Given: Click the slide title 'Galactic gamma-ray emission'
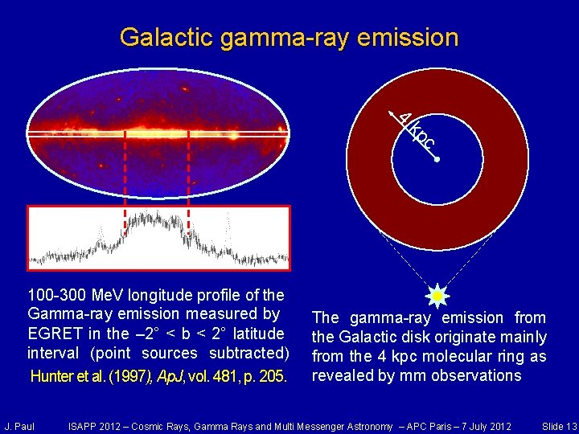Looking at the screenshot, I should pos(289,37).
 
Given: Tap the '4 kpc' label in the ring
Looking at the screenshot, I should pos(417,131).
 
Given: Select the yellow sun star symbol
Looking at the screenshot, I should pos(437,296).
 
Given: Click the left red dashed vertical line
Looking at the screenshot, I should pos(125,181).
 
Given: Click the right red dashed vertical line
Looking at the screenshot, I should pos(188,181).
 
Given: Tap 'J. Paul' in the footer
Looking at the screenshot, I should pos(19,425).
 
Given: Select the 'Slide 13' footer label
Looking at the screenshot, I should pos(559,425).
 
